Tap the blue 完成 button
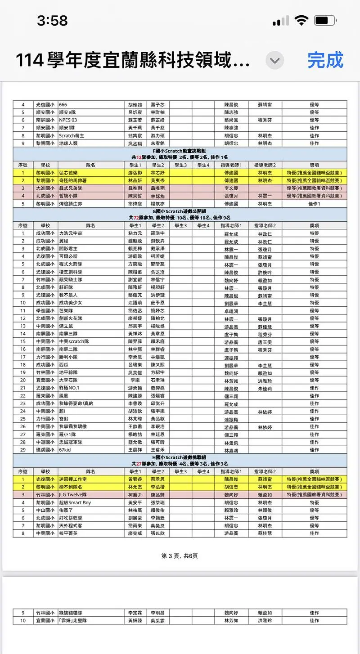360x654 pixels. [325, 60]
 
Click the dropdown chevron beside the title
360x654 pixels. [274, 60]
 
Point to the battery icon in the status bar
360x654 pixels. [325, 21]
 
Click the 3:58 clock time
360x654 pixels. [52, 21]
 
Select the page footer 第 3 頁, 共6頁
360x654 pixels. [180, 556]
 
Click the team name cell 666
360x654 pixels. [63, 104]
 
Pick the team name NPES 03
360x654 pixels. [68, 120]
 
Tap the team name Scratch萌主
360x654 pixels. [72, 135]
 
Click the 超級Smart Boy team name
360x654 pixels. [75, 502]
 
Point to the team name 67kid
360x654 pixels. [66, 450]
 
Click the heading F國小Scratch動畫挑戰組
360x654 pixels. [180, 151]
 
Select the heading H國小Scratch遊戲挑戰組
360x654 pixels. [180, 457]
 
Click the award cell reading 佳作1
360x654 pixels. [314, 204]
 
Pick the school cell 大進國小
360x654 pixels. [45, 188]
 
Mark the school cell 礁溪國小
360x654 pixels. [45, 450]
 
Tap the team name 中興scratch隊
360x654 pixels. [75, 341]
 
